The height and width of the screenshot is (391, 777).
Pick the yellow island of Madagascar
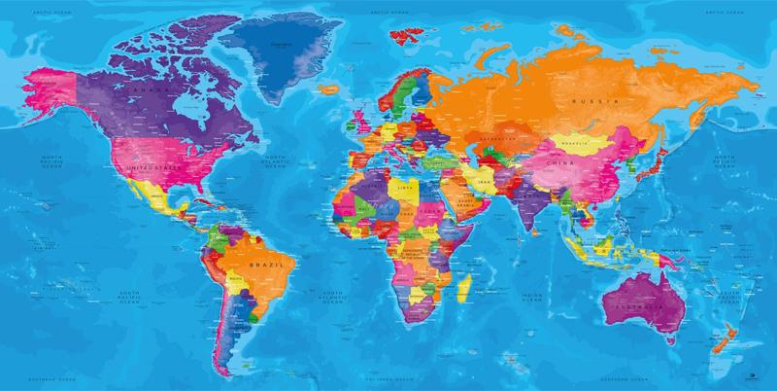coord(467,283)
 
